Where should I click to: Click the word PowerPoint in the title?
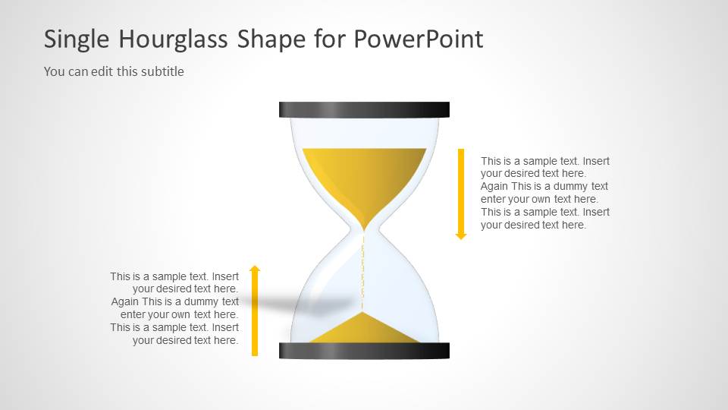click(419, 39)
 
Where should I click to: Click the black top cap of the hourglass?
click(364, 110)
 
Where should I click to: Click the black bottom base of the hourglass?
click(364, 350)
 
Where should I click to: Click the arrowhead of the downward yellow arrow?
click(460, 236)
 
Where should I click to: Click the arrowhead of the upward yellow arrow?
click(255, 269)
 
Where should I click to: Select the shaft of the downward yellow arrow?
click(460, 190)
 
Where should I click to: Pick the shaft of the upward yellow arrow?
click(255, 315)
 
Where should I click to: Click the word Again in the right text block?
click(494, 186)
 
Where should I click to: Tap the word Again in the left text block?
click(124, 301)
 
